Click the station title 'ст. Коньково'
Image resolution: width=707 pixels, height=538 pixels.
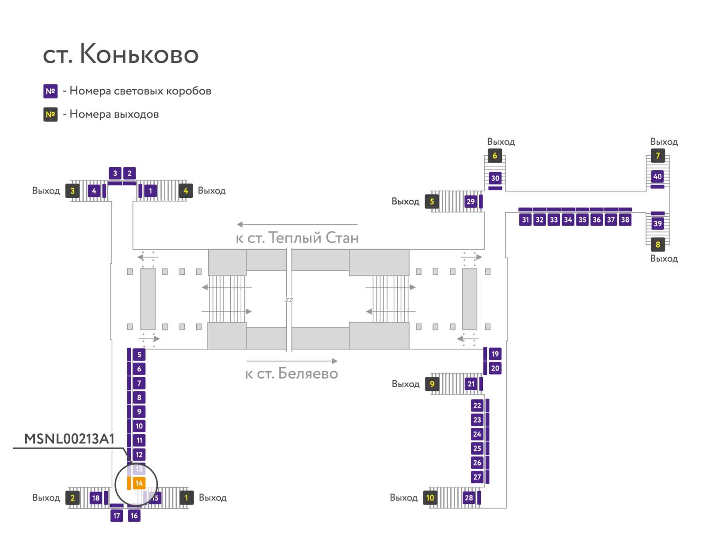tap(121, 54)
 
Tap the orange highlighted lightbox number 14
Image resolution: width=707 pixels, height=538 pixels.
tap(139, 483)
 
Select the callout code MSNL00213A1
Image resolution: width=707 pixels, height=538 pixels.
tap(69, 439)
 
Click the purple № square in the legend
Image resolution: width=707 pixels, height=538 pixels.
tap(50, 91)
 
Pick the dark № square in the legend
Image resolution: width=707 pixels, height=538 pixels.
tap(50, 115)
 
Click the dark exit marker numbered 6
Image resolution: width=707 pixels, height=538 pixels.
tap(494, 156)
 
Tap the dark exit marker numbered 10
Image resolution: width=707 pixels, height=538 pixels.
tap(430, 498)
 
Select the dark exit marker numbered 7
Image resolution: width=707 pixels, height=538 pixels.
tap(658, 156)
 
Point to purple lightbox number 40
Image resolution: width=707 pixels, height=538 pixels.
tap(658, 177)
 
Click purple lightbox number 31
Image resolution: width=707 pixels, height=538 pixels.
tap(525, 220)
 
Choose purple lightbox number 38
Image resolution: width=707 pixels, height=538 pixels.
tap(625, 220)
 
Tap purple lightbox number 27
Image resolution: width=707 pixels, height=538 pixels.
tap(477, 477)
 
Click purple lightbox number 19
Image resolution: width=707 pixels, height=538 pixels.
tap(495, 354)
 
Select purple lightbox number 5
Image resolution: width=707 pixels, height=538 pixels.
tap(139, 354)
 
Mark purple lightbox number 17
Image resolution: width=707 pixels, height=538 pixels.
tap(117, 515)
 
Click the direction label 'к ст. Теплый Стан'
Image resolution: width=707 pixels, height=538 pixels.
tap(297, 238)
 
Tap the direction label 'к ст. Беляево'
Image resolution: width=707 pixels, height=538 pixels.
tap(292, 374)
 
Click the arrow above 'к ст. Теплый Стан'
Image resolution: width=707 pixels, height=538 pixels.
tap(297, 225)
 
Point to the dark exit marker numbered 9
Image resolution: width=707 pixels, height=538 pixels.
tap(432, 384)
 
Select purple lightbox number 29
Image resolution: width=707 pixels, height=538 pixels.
tap(471, 202)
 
